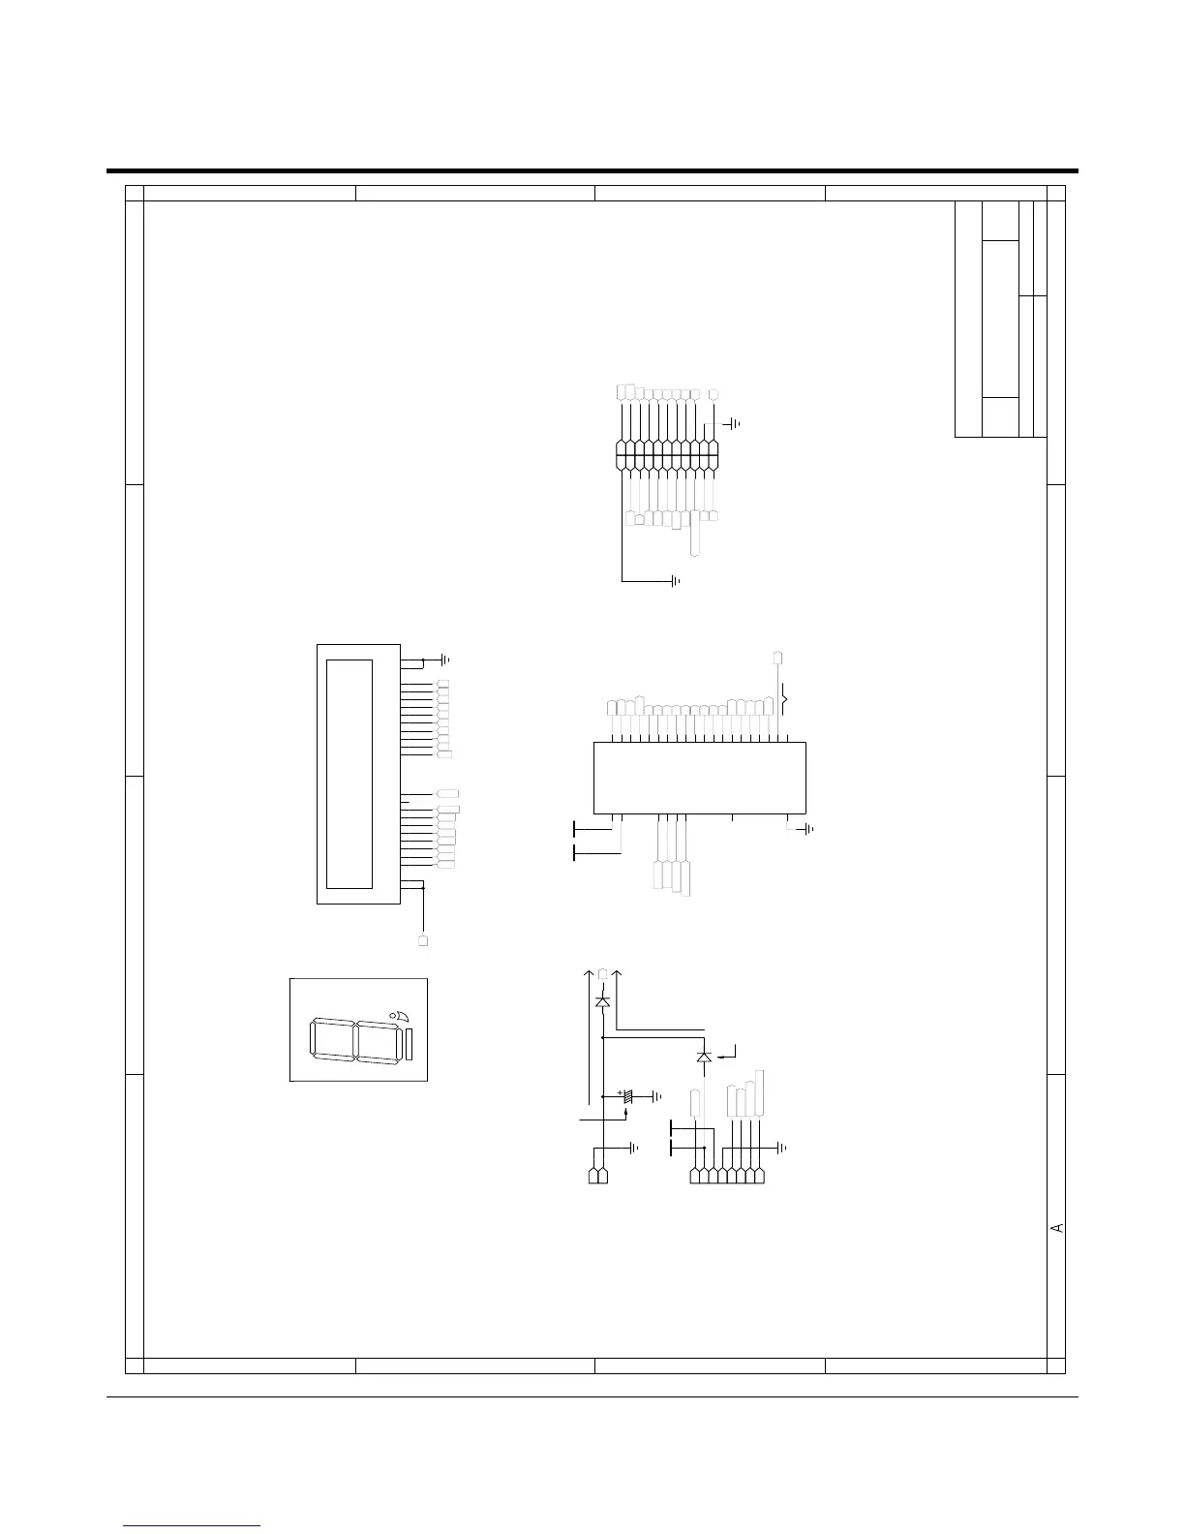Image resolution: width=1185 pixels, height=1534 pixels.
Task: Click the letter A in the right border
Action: point(1057,1228)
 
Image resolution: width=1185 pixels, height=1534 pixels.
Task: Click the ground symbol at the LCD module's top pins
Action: point(445,660)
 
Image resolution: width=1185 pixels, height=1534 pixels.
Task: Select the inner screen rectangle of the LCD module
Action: point(349,774)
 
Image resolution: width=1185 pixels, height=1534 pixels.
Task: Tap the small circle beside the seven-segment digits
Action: point(392,1015)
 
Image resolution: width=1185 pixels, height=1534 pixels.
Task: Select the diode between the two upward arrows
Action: point(602,1001)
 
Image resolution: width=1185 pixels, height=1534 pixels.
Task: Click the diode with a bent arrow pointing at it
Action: point(704,1057)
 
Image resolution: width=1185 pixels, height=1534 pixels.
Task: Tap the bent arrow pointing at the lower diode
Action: point(730,1052)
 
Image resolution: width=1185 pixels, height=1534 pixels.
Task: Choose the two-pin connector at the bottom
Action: point(597,1176)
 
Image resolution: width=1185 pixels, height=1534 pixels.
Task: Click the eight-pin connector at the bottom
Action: point(727,1176)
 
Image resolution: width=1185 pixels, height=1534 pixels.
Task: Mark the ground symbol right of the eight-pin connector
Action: point(782,1149)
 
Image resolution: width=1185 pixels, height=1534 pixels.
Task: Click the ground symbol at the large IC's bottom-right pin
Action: point(809,829)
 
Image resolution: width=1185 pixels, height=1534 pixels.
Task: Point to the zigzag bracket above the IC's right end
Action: point(785,701)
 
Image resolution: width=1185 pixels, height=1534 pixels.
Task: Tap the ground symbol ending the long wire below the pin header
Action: point(676,581)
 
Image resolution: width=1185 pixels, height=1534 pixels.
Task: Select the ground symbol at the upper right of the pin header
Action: point(735,423)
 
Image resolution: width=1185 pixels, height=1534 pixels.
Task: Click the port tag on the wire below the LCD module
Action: point(423,940)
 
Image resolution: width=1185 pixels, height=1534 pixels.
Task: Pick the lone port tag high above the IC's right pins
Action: point(778,658)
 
